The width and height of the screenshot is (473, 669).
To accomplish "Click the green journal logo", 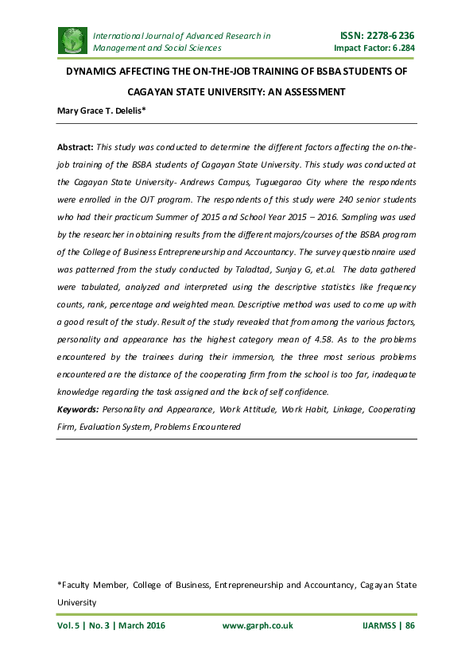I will pos(72,41).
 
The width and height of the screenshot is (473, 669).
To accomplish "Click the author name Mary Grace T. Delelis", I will pos(99,110).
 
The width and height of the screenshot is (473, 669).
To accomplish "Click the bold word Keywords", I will pos(78,408).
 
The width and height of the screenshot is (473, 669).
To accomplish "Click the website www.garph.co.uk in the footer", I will pos(258,625).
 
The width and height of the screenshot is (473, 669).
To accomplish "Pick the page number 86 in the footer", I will pos(410,625).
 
